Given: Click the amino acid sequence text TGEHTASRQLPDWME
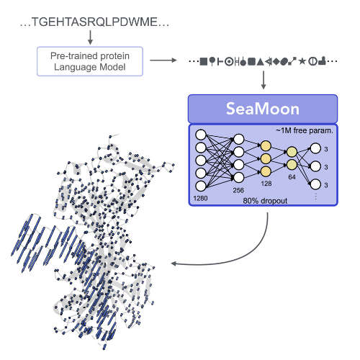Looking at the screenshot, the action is [x=94, y=22].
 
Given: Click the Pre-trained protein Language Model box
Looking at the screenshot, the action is [x=90, y=61].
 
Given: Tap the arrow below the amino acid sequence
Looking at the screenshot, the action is [x=90, y=37].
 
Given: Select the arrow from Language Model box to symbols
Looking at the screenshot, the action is [x=163, y=60].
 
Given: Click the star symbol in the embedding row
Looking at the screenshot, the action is [x=302, y=61].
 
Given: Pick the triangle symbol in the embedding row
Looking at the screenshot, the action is [x=260, y=62].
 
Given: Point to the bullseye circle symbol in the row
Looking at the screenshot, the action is [x=229, y=62].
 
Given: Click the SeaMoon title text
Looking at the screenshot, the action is [x=263, y=109].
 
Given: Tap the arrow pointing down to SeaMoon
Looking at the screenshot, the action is [x=264, y=80].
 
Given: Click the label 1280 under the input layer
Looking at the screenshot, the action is [x=200, y=198].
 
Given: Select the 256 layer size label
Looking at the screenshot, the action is [x=238, y=190].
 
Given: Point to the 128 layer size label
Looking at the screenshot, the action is [x=266, y=184].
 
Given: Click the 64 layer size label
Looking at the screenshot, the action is [x=292, y=177].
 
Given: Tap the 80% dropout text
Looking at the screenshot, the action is [x=265, y=201].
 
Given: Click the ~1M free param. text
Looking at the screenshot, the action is [x=305, y=131].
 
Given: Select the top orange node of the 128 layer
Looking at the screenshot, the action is [x=266, y=146].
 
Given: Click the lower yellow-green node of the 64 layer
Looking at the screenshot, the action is [x=292, y=165].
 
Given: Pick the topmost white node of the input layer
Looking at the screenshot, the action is [x=201, y=135].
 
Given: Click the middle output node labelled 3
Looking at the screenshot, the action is [x=315, y=166].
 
